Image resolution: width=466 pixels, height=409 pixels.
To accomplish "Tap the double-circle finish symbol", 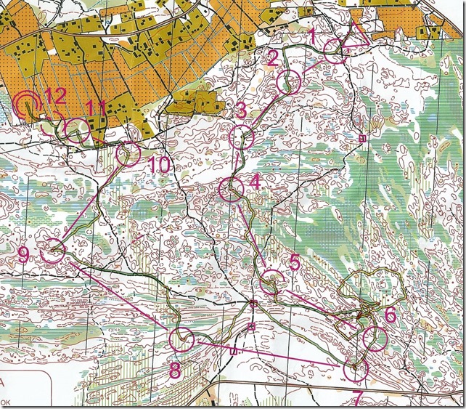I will click(x=27, y=105).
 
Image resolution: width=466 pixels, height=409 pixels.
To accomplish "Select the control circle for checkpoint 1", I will click(x=335, y=48).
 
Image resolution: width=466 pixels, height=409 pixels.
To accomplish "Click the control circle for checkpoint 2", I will click(x=289, y=82).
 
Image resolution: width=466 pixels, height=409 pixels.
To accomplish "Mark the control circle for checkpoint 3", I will click(x=241, y=137).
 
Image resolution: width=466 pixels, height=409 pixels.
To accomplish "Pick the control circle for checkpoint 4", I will click(x=231, y=190).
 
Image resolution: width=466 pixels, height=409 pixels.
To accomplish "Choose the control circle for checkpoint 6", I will click(x=375, y=336).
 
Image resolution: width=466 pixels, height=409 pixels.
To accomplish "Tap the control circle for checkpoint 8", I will click(x=181, y=339).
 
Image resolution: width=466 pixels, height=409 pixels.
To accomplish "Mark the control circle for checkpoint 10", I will click(x=128, y=153).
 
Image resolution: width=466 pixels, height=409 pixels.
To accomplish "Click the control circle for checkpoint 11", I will click(x=77, y=131).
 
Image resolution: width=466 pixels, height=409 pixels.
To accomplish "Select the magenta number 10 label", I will click(x=158, y=166).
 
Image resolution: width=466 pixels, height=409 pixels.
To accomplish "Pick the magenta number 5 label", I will click(x=294, y=262).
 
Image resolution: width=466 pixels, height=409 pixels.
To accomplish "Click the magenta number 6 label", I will click(x=390, y=314).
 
